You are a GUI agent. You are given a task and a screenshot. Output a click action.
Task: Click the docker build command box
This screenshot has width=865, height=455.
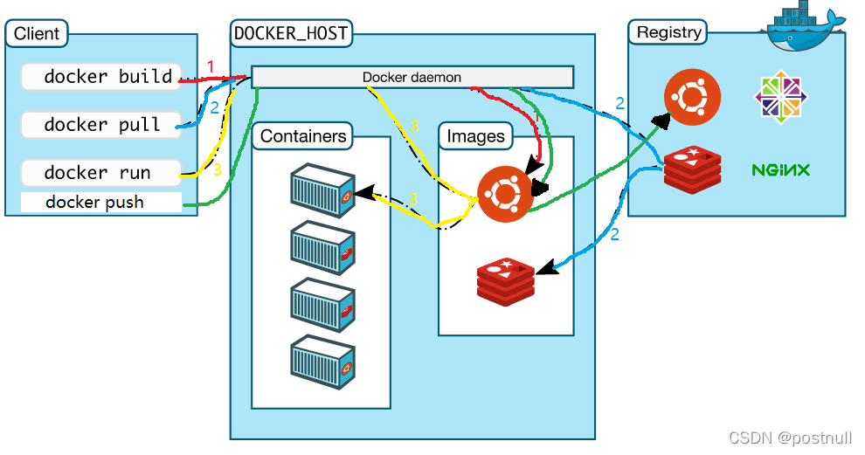[100, 77]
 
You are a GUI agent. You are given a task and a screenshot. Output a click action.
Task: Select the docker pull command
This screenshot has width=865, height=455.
[100, 124]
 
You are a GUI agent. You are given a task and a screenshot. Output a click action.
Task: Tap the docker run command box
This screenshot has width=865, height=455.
[100, 172]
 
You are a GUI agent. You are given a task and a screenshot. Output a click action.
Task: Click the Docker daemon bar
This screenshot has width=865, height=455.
[412, 77]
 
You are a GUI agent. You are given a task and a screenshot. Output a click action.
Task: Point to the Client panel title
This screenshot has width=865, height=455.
[37, 34]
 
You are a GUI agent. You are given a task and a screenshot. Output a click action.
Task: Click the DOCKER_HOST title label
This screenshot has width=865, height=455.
[291, 34]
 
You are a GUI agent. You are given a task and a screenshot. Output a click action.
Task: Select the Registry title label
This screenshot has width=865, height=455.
[668, 32]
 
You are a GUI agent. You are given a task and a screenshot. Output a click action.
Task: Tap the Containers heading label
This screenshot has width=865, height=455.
[303, 135]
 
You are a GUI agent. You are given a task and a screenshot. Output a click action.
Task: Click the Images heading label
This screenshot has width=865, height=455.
[475, 135]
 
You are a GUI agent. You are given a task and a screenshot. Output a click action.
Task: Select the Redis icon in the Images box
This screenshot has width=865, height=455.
[505, 280]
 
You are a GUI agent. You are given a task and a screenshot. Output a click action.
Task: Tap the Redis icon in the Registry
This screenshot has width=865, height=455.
[693, 169]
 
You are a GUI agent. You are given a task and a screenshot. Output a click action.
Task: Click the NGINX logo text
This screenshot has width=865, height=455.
[780, 169]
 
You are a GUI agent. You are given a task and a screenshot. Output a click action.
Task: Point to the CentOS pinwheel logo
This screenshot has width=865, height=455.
[779, 95]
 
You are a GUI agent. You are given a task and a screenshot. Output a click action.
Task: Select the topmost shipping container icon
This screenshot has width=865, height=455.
[322, 190]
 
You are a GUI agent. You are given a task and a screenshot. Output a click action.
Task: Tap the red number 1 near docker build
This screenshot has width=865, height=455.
[210, 67]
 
